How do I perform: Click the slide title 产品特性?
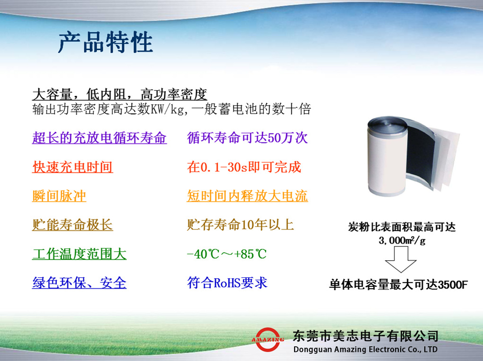[x=105, y=43]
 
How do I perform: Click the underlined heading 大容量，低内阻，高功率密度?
[x=119, y=94]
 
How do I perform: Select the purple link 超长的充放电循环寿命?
[x=99, y=138]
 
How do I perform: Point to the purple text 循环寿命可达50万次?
[x=247, y=138]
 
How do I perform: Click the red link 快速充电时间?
[x=72, y=167]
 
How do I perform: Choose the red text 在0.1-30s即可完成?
[x=244, y=167]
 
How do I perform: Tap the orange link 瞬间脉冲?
[x=59, y=196]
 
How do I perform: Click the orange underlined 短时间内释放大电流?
[x=247, y=196]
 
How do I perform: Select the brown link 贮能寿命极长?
[x=72, y=225]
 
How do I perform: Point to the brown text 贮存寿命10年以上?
[x=241, y=225]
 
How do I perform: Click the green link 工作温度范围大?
[x=79, y=254]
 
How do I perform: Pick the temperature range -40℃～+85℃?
[x=227, y=254]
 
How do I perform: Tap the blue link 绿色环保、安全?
[x=79, y=283]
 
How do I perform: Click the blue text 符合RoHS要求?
[x=227, y=283]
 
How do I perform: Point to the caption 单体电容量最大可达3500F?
[x=399, y=285]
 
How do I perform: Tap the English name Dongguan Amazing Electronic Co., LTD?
[x=365, y=350]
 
